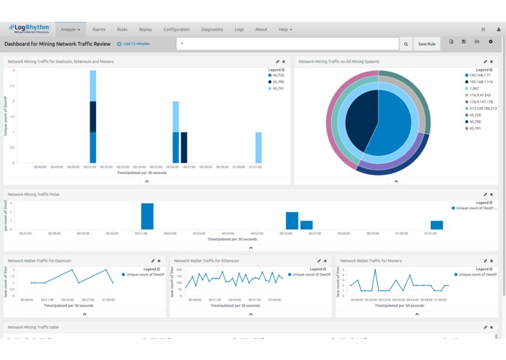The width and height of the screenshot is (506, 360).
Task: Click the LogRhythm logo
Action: tap(29, 29)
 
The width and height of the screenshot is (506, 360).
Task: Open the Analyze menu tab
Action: tap(71, 29)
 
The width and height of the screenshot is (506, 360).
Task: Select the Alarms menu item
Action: tap(99, 29)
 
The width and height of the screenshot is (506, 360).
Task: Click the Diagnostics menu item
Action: tap(212, 29)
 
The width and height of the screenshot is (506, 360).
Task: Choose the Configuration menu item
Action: tap(176, 29)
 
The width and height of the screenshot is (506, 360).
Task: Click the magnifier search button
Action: tap(406, 44)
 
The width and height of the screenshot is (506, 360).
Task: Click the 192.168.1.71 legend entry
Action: tap(480, 75)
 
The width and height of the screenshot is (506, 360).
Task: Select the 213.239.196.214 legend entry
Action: tap(482, 108)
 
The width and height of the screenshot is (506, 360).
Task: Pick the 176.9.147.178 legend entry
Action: tap(481, 101)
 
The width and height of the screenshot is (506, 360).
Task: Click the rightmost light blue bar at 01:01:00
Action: tap(258, 147)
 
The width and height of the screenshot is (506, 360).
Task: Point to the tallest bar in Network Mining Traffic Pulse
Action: tap(147, 216)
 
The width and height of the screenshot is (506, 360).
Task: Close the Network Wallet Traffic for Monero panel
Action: tap(491, 260)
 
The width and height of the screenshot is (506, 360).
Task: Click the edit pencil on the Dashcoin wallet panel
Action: tap(153, 260)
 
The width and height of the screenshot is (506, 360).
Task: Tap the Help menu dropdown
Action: tap(285, 29)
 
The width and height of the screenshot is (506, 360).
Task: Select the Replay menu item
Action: tap(146, 29)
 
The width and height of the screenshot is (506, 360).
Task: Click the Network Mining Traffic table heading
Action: tap(33, 327)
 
